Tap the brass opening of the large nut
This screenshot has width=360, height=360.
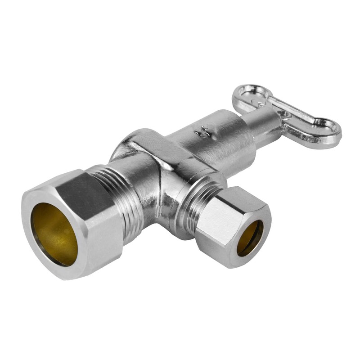coord(54,234)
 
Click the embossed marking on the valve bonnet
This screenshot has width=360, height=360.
coord(198,132)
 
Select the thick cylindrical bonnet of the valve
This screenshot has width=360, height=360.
coord(216,139)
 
